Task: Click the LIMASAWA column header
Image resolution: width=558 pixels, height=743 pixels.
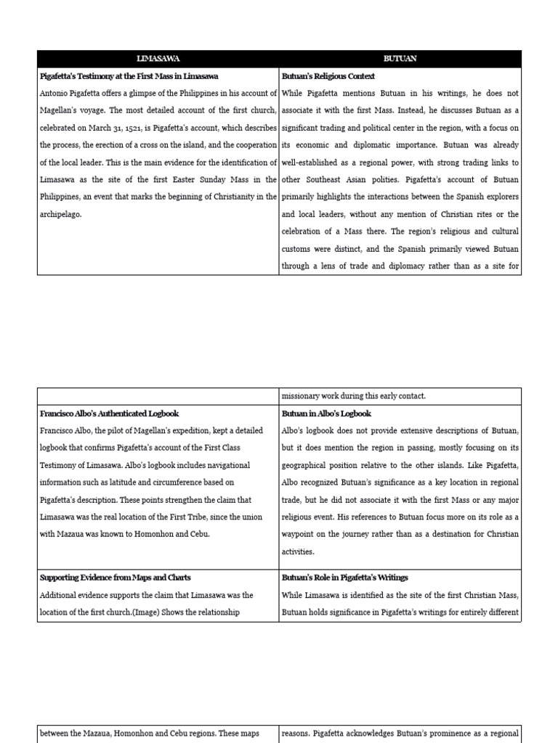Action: [x=158, y=59]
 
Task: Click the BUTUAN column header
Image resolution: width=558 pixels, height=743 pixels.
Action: [x=400, y=59]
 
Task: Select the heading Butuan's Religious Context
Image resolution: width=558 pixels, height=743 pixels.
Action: [x=328, y=76]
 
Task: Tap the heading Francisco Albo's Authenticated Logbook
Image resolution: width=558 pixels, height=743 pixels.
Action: [x=109, y=414]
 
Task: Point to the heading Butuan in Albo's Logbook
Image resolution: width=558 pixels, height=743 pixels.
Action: [x=326, y=414]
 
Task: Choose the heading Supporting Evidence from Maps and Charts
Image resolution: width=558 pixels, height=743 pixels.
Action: [x=116, y=578]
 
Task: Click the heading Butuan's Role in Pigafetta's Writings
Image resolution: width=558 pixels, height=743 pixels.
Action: [x=345, y=578]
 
